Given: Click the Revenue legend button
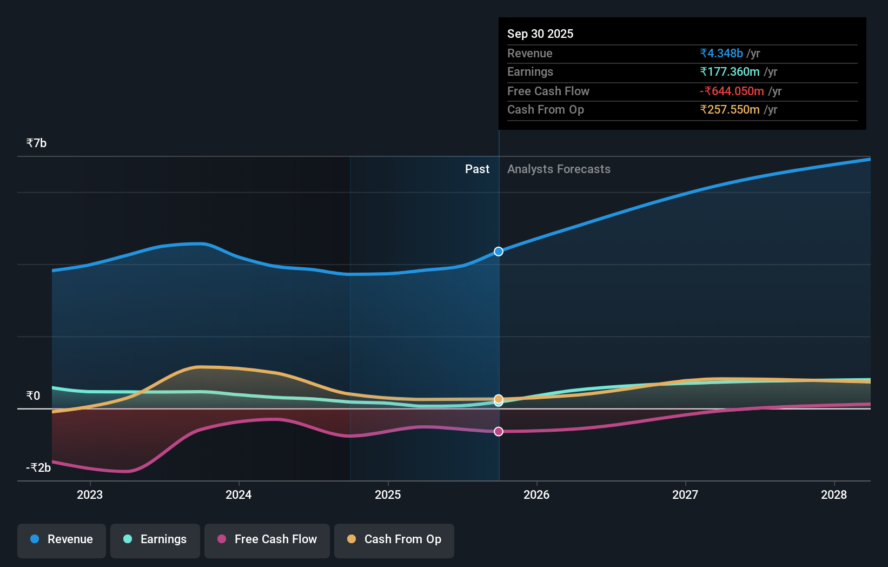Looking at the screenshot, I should pyautogui.click(x=62, y=539).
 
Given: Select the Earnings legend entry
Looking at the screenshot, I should pyautogui.click(x=155, y=539).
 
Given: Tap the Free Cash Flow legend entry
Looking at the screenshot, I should pyautogui.click(x=267, y=539).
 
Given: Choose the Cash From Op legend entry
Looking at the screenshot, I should pyautogui.click(x=394, y=539).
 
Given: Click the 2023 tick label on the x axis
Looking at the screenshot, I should pyautogui.click(x=90, y=495).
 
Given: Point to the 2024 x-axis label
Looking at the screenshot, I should pyautogui.click(x=238, y=495).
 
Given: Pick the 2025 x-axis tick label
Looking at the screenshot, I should pyautogui.click(x=388, y=495).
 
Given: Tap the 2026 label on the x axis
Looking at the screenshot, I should pyautogui.click(x=536, y=495).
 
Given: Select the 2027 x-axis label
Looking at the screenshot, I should pyautogui.click(x=685, y=495).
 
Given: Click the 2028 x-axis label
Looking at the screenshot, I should pyautogui.click(x=834, y=495).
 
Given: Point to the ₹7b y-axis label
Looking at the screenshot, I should pyautogui.click(x=36, y=143).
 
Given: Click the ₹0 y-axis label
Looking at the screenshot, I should pyautogui.click(x=33, y=395).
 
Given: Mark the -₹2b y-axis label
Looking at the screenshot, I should pyautogui.click(x=38, y=467).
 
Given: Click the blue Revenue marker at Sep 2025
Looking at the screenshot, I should pyautogui.click(x=499, y=252).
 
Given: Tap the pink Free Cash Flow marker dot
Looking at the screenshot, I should pyautogui.click(x=499, y=431).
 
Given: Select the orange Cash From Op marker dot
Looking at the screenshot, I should pyautogui.click(x=499, y=399).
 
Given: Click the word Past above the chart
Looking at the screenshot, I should pyautogui.click(x=477, y=169).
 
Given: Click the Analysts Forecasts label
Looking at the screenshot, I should pyautogui.click(x=559, y=169).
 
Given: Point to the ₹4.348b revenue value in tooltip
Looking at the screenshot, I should pyautogui.click(x=721, y=53).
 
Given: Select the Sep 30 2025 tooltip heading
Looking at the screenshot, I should pyautogui.click(x=540, y=34).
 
